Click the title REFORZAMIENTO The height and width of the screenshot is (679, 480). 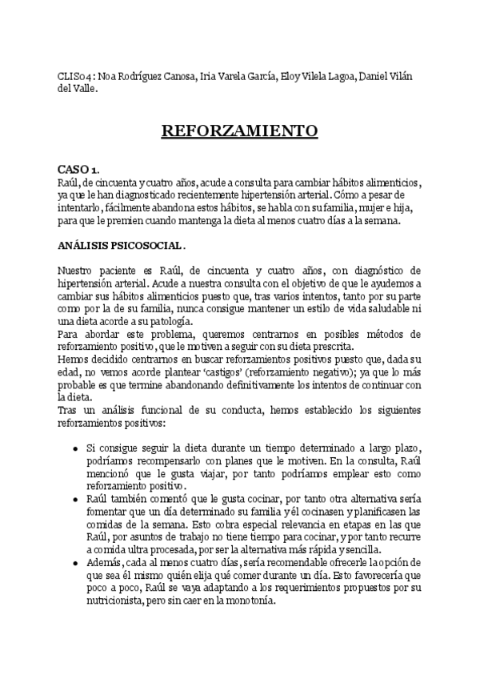click(239, 131)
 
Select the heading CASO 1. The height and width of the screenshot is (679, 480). click(78, 170)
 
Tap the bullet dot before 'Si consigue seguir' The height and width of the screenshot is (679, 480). click(74, 446)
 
